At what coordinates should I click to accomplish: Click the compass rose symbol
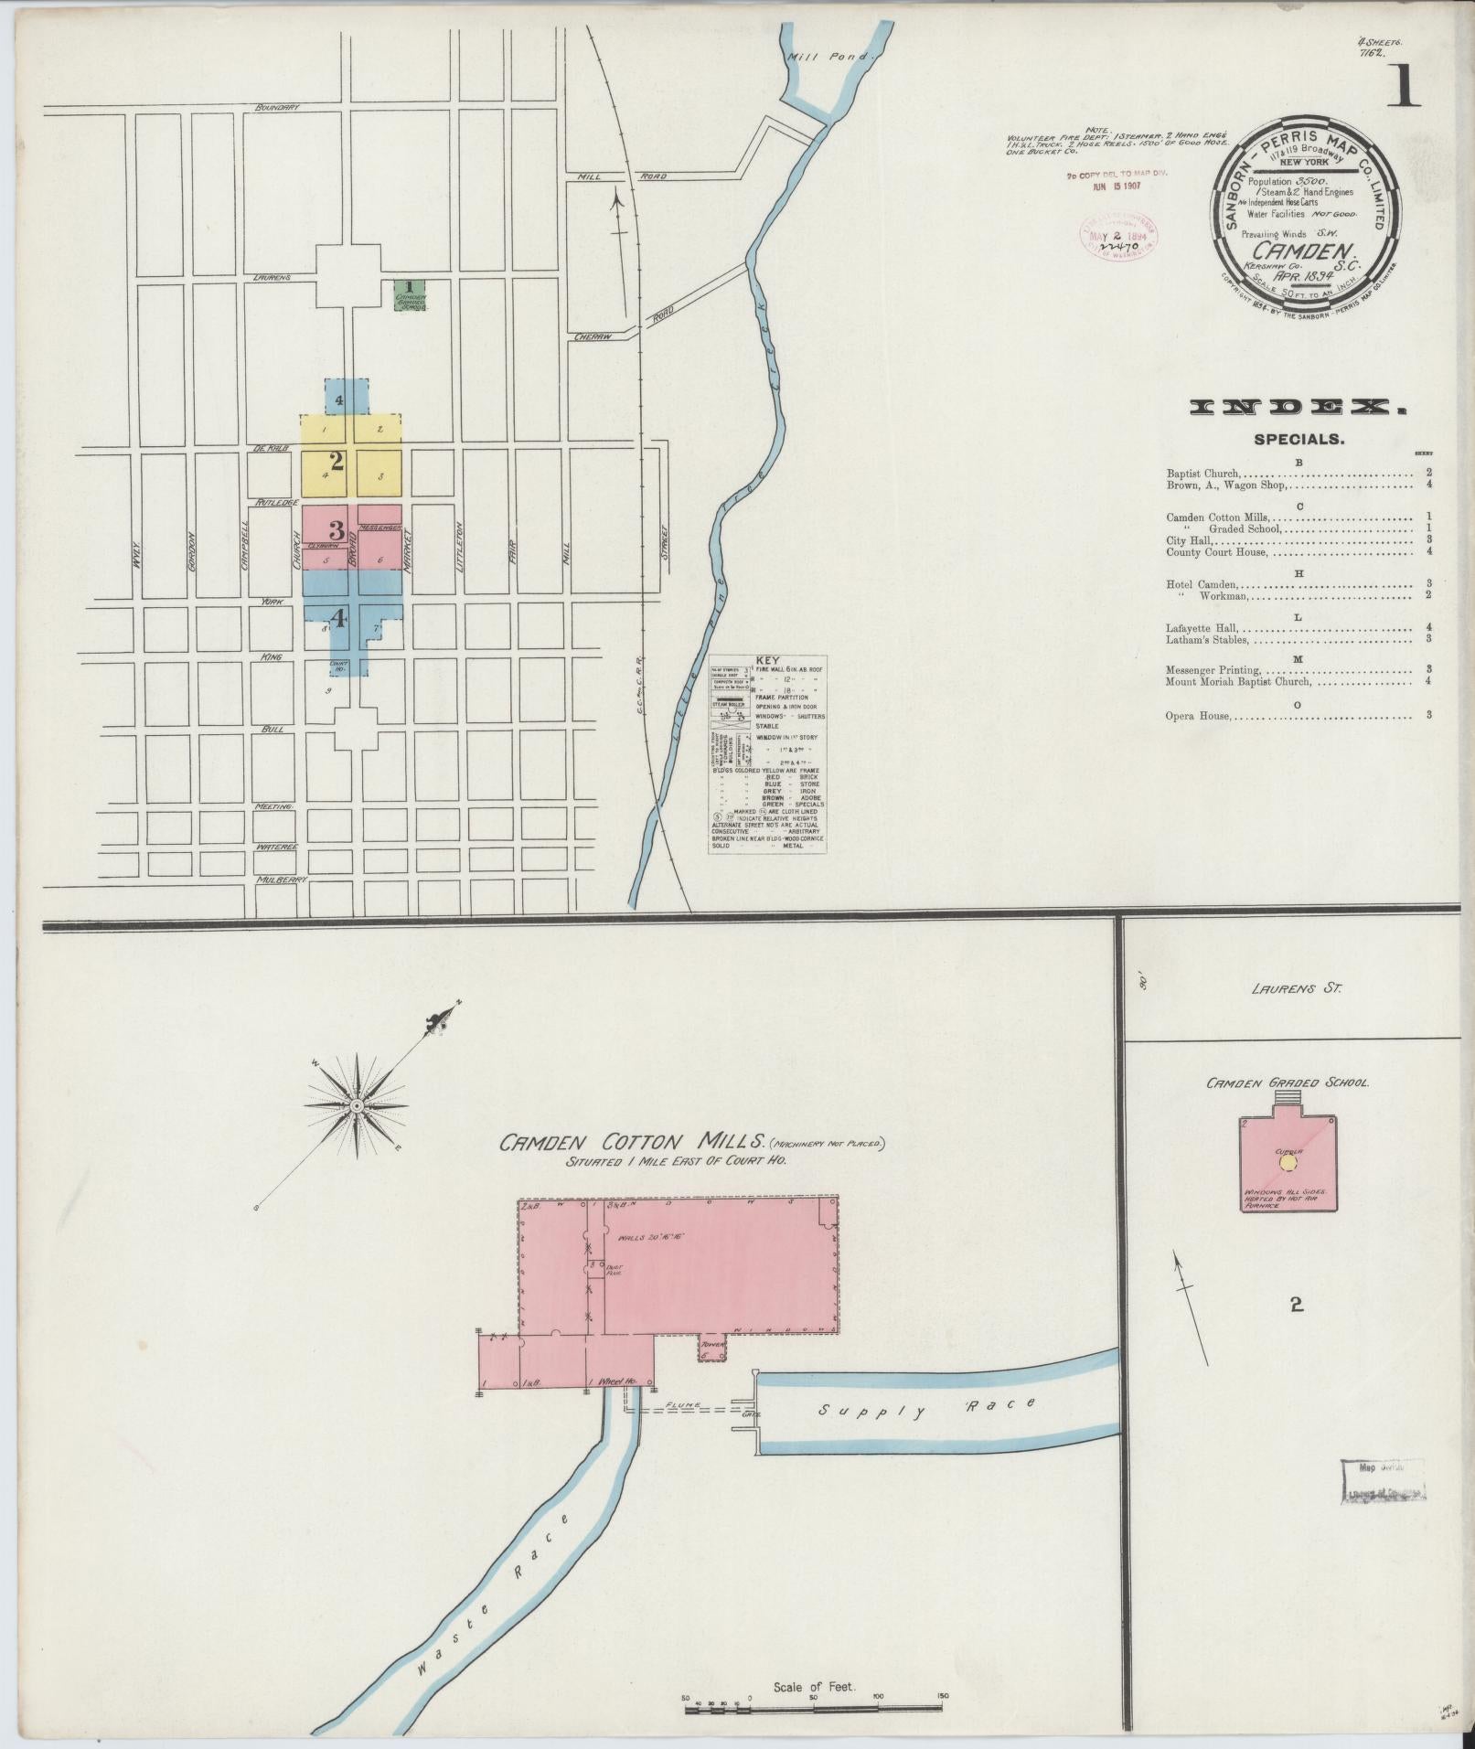(x=357, y=1106)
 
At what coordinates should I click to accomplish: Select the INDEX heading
(x=1298, y=408)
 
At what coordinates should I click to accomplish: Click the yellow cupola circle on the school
(x=1288, y=1161)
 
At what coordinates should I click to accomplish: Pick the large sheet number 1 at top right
(x=1403, y=90)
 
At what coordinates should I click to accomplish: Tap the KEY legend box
(x=768, y=754)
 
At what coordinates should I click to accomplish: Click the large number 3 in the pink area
(x=337, y=530)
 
